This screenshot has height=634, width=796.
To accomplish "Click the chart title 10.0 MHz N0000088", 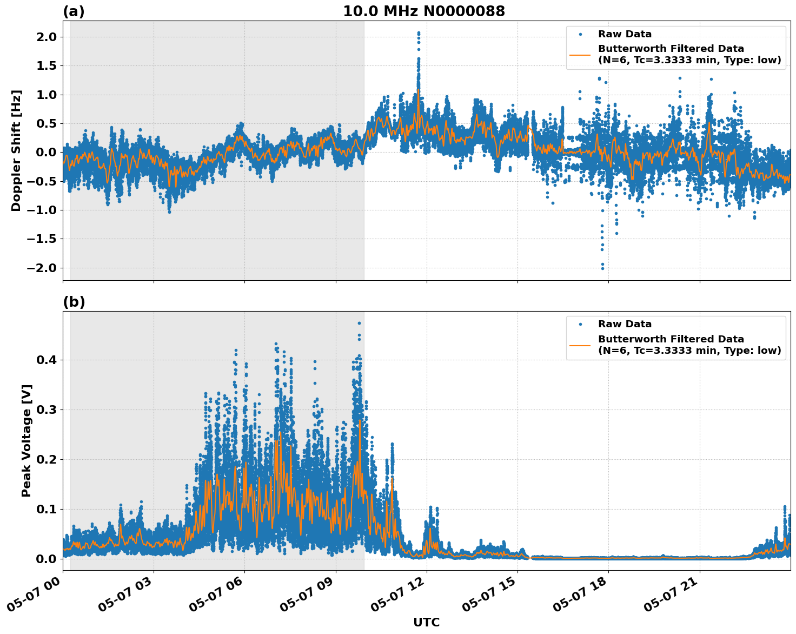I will [424, 11].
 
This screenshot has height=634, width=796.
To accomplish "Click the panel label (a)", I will [74, 11].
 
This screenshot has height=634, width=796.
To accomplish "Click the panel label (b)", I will [74, 302].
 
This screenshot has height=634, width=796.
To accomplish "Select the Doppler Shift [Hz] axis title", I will [16, 150].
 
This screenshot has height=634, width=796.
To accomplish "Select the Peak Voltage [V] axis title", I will [26, 440].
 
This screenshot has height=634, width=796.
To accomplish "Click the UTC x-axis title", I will [426, 622].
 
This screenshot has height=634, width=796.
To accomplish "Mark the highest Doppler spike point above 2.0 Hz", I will [419, 33].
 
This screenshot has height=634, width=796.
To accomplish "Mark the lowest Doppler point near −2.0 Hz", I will [602, 268].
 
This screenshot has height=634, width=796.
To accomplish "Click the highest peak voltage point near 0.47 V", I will [359, 323].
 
